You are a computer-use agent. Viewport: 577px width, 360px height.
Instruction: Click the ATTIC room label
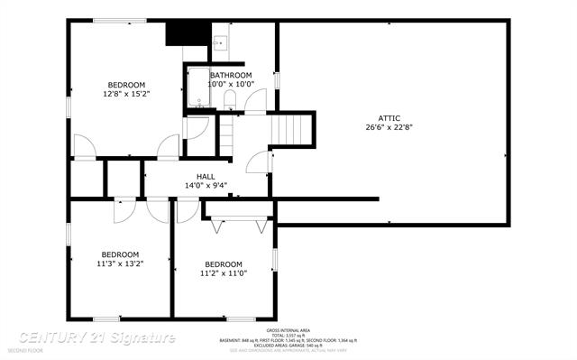(x=389, y=118)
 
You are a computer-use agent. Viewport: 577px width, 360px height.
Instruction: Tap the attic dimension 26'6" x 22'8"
(x=389, y=127)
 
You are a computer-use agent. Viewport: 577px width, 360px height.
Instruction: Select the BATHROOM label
(x=231, y=75)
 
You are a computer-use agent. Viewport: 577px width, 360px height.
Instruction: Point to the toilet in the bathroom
(x=229, y=99)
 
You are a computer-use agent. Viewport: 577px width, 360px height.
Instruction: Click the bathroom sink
(x=219, y=42)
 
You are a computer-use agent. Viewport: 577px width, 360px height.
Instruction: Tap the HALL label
(x=206, y=176)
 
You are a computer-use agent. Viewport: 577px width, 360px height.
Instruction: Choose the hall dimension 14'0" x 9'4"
(x=206, y=186)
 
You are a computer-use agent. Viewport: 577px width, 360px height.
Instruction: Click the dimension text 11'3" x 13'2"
(x=120, y=263)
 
